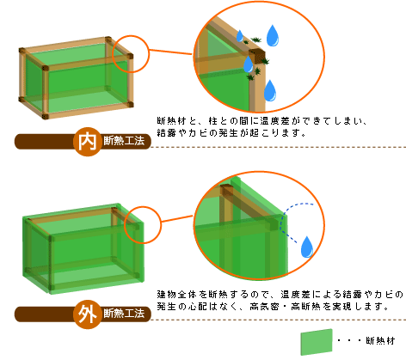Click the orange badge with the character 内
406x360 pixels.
click(88, 142)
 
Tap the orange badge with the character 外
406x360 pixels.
click(88, 314)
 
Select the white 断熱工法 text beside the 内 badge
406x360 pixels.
click(124, 141)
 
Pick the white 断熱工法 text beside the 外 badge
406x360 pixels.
click(124, 314)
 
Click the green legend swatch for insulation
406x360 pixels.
click(317, 342)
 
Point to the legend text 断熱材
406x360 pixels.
click(380, 341)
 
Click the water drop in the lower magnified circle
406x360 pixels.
click(307, 247)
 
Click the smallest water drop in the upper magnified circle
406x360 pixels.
click(240, 36)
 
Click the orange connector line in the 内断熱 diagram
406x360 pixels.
click(170, 52)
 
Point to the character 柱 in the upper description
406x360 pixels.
click(213, 121)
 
